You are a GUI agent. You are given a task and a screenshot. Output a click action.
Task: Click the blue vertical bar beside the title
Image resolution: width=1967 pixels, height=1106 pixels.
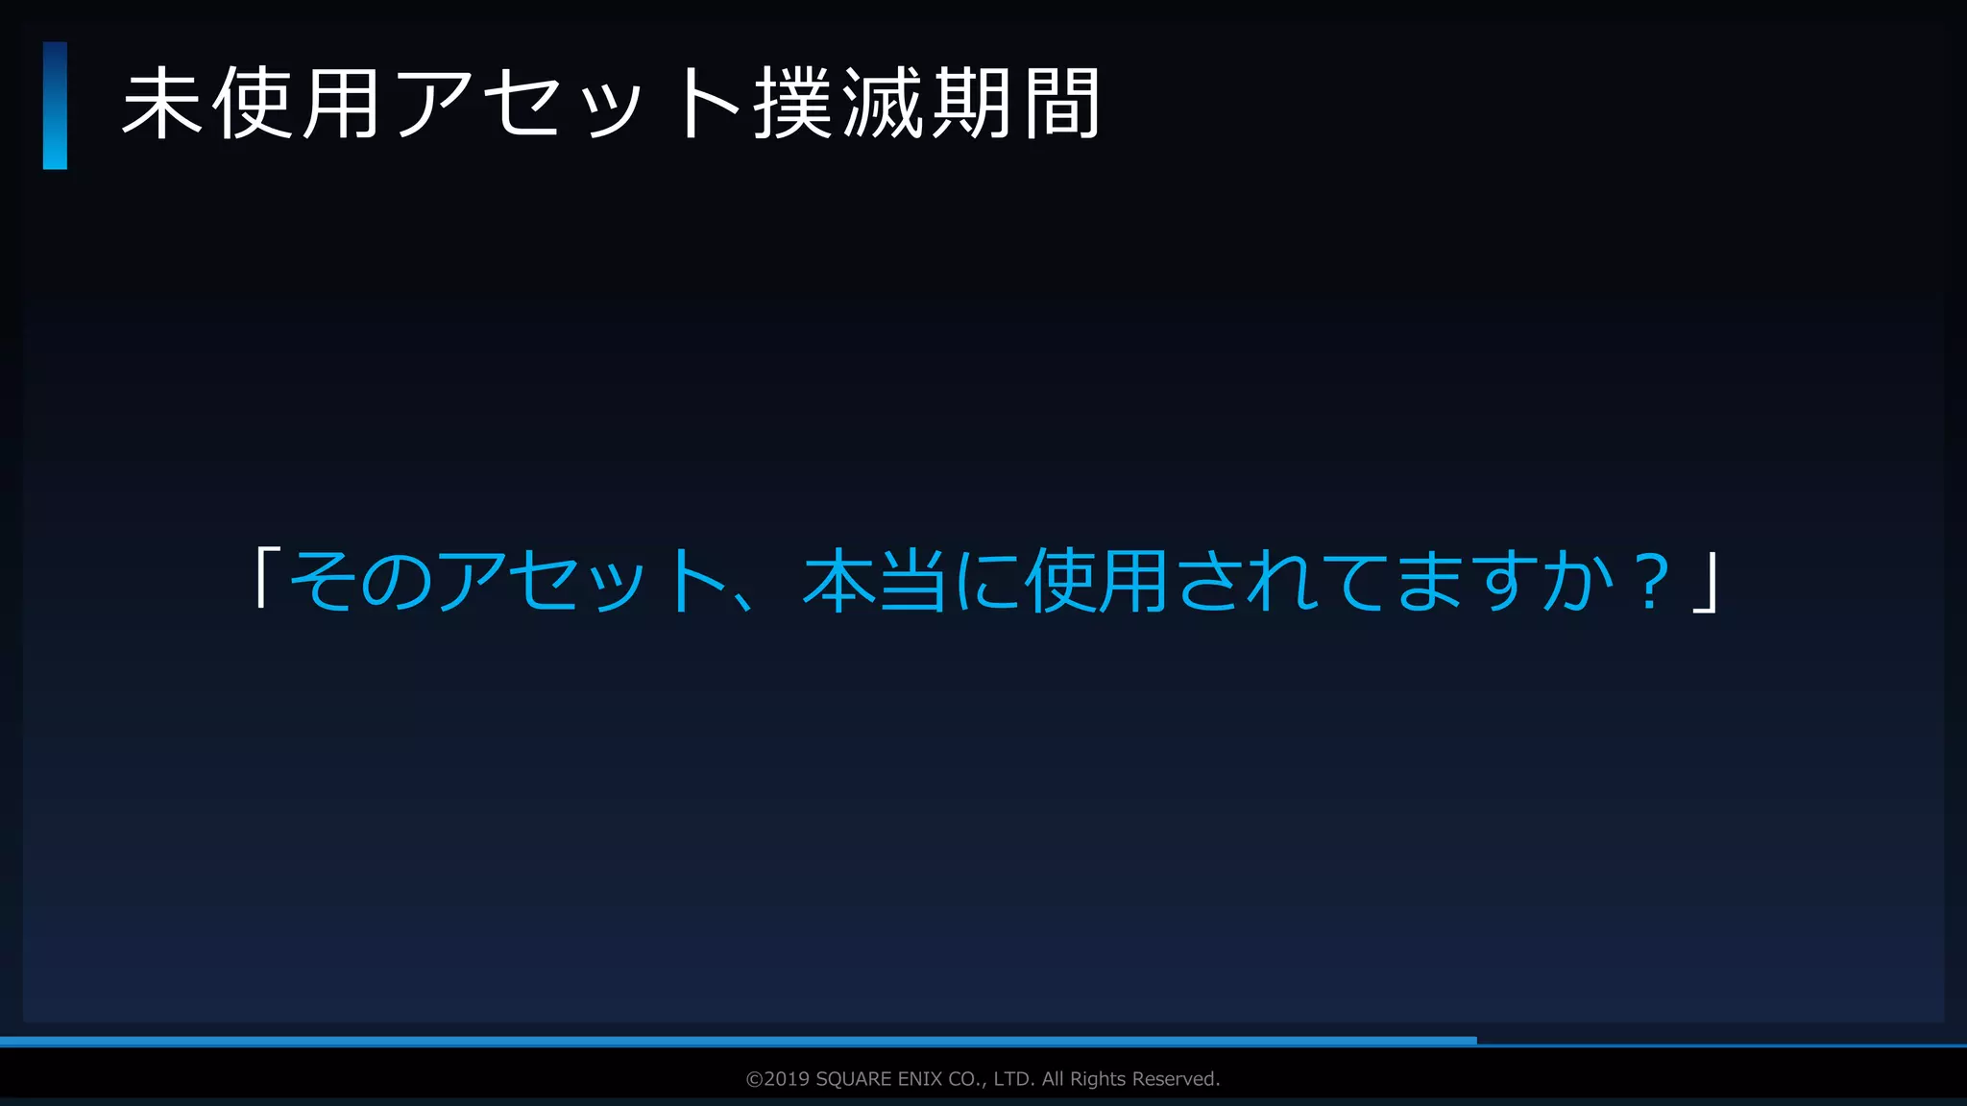tap(55, 106)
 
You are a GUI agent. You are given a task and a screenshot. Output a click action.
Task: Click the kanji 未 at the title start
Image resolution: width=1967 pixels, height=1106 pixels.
tap(161, 104)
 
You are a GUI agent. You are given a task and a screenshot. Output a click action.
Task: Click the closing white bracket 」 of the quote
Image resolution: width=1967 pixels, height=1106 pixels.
tap(1705, 581)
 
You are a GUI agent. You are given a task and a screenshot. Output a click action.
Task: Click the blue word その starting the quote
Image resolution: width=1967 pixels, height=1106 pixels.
tap(360, 581)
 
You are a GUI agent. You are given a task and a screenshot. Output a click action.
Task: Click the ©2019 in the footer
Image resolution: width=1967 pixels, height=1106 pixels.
tap(778, 1079)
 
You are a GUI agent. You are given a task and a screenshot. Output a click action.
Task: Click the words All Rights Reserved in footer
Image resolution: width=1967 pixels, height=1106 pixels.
tap(1130, 1079)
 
